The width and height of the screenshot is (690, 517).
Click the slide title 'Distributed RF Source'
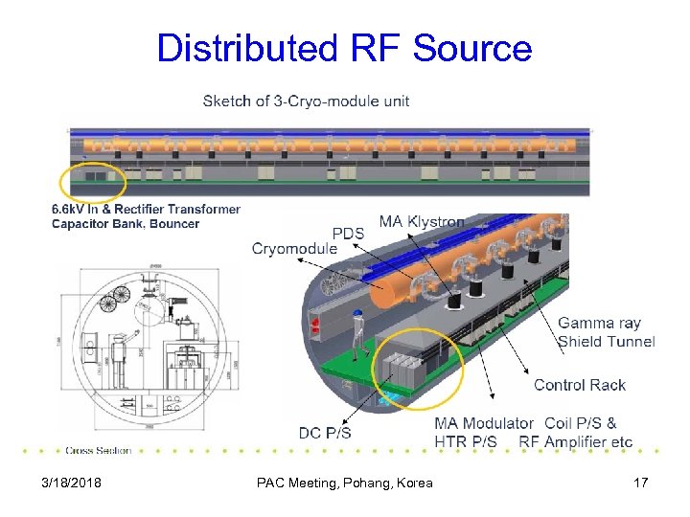point(344,48)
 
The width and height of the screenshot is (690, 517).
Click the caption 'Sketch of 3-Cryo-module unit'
point(306,101)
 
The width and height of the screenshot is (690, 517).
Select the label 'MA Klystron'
point(422,222)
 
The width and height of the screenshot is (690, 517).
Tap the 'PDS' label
point(348,234)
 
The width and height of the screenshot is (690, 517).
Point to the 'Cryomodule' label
point(294,249)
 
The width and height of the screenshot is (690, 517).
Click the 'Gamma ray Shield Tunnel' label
point(606,332)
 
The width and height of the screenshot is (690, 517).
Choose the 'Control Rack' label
point(580,385)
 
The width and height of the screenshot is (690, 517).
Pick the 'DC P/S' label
point(325,433)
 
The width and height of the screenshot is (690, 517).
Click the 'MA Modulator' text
point(484,423)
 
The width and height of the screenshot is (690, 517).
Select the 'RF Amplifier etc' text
point(576,441)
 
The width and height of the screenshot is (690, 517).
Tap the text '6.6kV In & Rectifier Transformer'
point(146,209)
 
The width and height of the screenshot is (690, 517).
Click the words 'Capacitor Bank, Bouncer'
point(126,224)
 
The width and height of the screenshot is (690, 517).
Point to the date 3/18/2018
point(72,483)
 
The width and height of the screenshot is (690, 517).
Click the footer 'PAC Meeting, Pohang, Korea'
point(344,483)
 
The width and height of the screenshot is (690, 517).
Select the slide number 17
point(640,483)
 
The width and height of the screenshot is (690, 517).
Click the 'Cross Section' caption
point(99,450)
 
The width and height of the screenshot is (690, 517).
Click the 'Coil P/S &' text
point(581,423)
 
